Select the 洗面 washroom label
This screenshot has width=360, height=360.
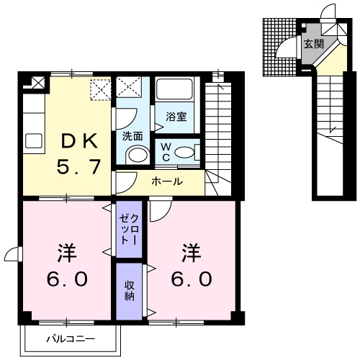[132, 135]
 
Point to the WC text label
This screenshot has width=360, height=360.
[165, 152]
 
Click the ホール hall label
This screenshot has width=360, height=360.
[166, 181]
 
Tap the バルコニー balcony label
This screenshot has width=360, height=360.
[70, 337]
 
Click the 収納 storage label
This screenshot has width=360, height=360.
[130, 289]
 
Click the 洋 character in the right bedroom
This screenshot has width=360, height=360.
[190, 253]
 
